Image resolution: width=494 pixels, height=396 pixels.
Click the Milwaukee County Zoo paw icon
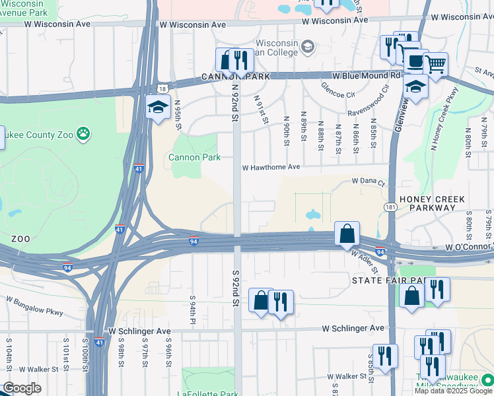click(x=83, y=134)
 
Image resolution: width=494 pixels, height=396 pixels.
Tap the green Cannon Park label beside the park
click(x=194, y=157)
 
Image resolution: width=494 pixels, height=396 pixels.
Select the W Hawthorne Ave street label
click(x=271, y=168)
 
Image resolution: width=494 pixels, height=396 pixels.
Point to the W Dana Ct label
click(x=368, y=180)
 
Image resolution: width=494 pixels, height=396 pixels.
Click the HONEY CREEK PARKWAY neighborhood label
click(x=431, y=203)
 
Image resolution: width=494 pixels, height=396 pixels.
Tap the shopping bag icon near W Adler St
click(x=347, y=234)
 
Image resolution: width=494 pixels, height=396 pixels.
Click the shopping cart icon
click(x=435, y=65)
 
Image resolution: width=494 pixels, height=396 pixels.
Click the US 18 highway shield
click(x=162, y=88)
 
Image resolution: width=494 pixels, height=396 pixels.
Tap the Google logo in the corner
click(x=22, y=387)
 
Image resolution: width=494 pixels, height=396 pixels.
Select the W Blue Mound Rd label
click(x=367, y=75)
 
